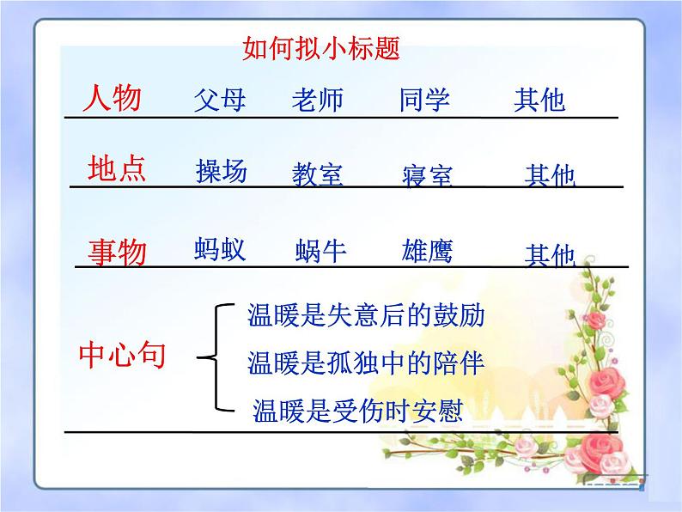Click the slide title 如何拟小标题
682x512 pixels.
tap(321, 48)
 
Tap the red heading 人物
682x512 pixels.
tap(112, 98)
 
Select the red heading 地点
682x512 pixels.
tap(118, 168)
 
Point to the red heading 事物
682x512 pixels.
tap(118, 253)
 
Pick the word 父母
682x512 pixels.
tap(220, 100)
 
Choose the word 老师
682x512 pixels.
tap(317, 100)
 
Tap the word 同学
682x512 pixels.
tap(424, 100)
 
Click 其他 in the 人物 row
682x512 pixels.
tap(539, 101)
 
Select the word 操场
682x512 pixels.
tap(222, 171)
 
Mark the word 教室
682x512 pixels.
tap(317, 174)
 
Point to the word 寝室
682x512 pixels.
tap(427, 176)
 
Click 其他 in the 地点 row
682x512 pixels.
tap(550, 176)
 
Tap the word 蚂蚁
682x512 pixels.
tap(221, 250)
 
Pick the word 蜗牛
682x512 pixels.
tap(320, 252)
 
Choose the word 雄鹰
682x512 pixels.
tap(427, 251)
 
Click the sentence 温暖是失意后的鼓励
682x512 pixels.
tap(365, 315)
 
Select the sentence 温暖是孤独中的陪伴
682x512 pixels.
tap(365, 363)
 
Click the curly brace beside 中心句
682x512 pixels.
tap(216, 355)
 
